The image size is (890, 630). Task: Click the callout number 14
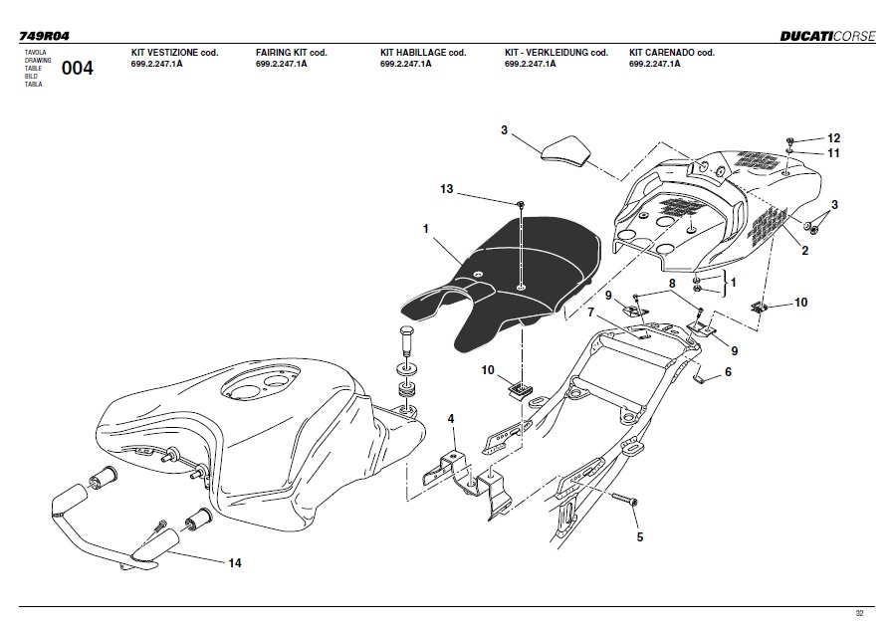tap(235, 563)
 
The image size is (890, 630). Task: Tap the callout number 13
tap(447, 188)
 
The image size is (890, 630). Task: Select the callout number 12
tap(834, 138)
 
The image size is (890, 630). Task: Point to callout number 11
tap(834, 153)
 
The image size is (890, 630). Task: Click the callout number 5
tap(640, 537)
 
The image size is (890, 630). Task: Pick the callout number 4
tap(451, 420)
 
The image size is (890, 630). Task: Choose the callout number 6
tap(728, 372)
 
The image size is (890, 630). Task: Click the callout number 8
tap(672, 284)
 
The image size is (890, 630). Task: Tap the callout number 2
tap(804, 251)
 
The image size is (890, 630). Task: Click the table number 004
tap(77, 68)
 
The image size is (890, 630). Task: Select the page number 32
tap(860, 614)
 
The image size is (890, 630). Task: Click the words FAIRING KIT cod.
tap(291, 52)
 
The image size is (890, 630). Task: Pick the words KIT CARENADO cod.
tap(672, 52)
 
